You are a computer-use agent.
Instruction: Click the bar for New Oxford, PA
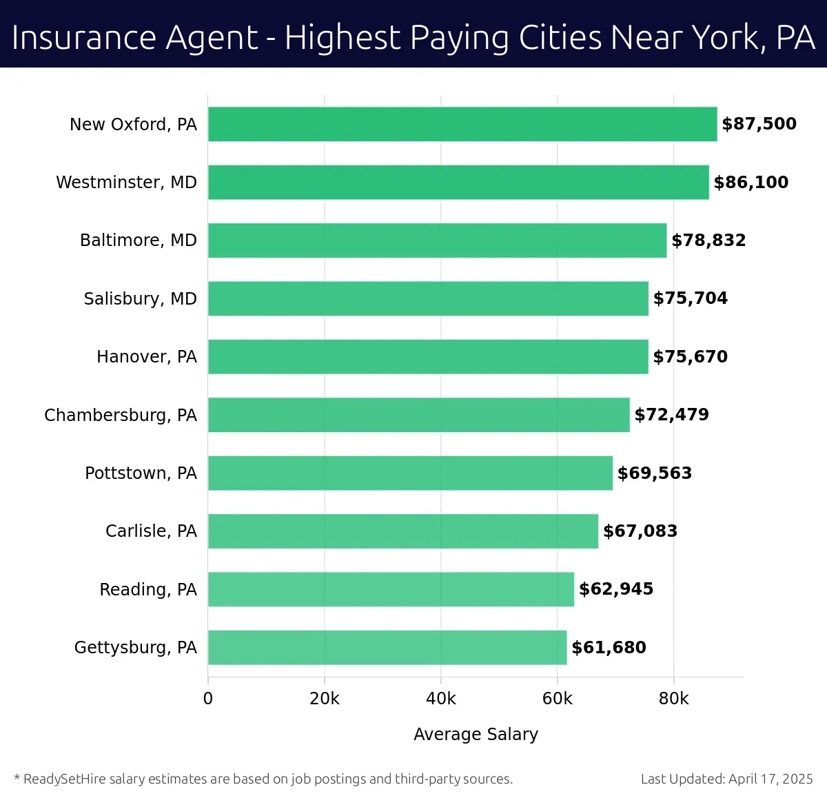462,124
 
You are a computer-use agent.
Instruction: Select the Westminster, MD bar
458,182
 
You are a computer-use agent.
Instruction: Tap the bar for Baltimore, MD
437,241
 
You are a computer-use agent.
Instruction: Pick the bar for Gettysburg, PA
387,647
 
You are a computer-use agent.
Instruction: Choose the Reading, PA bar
391,589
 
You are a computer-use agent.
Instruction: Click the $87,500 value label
759,124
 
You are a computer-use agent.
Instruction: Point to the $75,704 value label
690,298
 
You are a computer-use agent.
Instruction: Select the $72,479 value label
671,415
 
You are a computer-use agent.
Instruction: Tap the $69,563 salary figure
654,473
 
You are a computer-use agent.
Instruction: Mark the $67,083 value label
640,531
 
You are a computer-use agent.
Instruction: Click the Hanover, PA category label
147,356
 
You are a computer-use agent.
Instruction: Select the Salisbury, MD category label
140,298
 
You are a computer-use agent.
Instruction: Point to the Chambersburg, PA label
121,415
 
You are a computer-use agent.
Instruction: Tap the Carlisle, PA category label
151,531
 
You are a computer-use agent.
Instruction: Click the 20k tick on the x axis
325,699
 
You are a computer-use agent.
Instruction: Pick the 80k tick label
673,699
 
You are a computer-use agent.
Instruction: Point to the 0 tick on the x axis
208,699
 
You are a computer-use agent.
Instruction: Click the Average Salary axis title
476,735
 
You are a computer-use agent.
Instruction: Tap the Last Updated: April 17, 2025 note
726,779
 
